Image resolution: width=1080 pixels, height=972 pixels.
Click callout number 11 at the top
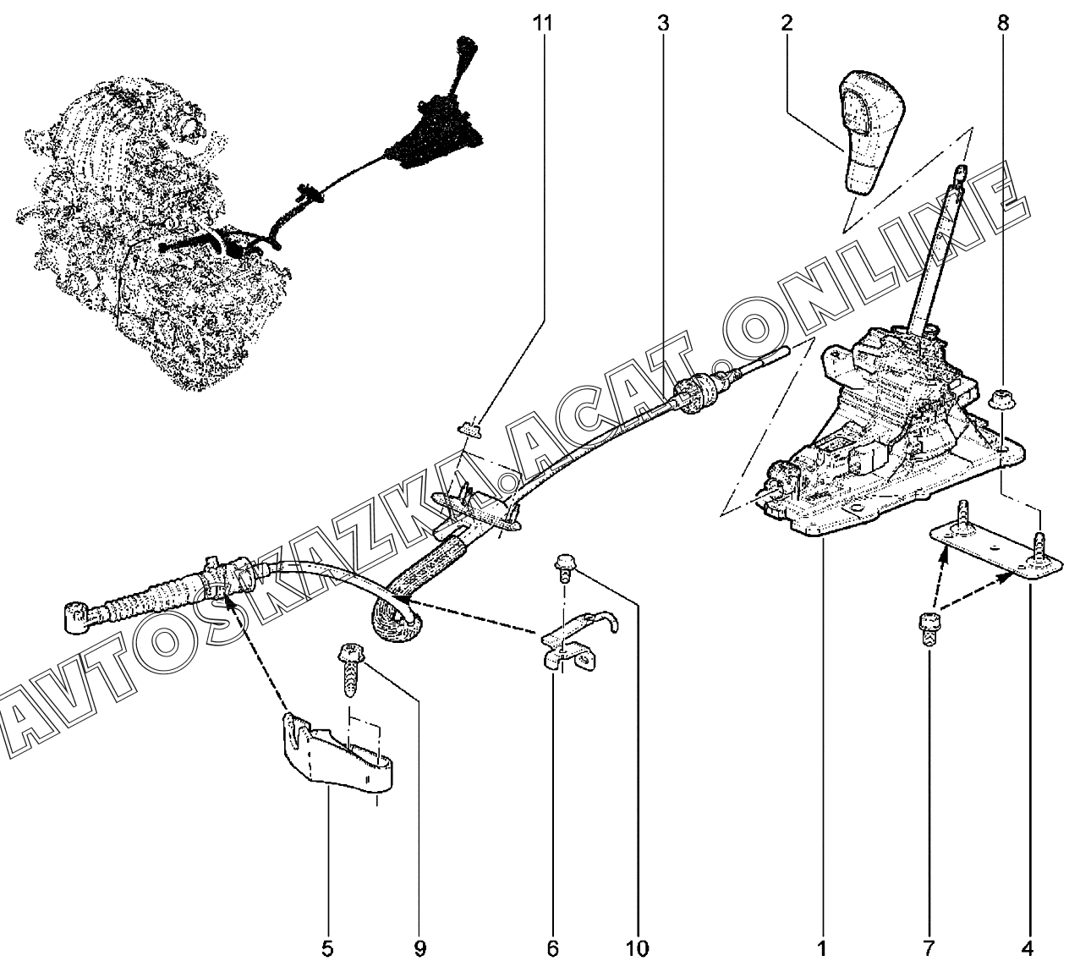tap(542, 23)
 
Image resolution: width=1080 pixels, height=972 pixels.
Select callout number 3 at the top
tap(662, 23)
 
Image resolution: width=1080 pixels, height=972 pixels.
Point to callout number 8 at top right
tap(1003, 23)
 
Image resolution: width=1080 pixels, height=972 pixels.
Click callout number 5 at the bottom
tap(327, 948)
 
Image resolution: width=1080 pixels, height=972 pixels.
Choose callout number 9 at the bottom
tap(419, 948)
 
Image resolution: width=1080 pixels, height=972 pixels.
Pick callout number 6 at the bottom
tap(552, 948)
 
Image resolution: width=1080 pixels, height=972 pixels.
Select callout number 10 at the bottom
tap(638, 948)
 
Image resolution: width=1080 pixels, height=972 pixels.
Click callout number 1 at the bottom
tap(820, 948)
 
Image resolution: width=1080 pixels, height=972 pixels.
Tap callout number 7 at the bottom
tap(929, 948)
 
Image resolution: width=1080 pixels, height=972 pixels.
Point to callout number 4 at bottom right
tap(1027, 948)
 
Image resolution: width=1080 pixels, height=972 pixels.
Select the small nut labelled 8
tap(1000, 398)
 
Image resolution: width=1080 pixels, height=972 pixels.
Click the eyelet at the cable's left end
tap(74, 615)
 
